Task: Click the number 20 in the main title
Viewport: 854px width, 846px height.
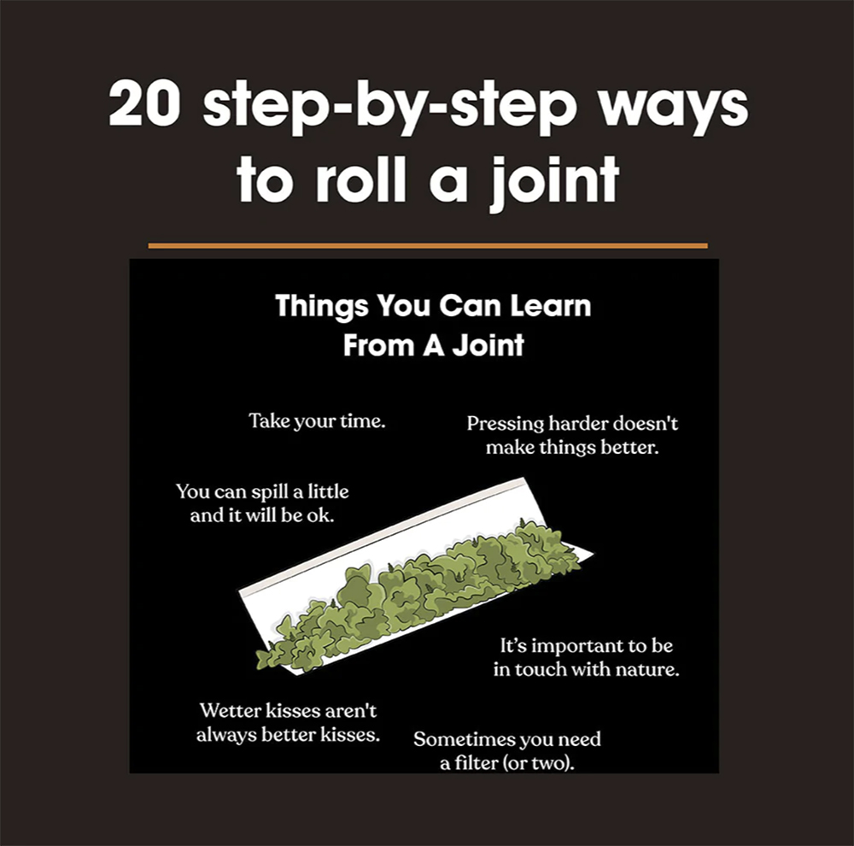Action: pyautogui.click(x=144, y=104)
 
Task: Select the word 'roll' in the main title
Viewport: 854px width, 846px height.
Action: pyautogui.click(x=361, y=177)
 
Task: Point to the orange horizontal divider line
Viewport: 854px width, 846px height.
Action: pyautogui.click(x=428, y=246)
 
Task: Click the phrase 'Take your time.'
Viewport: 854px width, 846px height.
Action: pyautogui.click(x=317, y=421)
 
